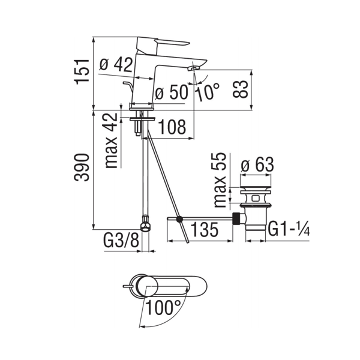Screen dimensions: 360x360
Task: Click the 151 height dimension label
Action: tap(82, 71)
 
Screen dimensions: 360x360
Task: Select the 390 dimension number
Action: tap(82, 167)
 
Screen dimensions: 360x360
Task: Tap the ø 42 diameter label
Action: tap(116, 64)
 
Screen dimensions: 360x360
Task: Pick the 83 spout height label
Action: tap(241, 89)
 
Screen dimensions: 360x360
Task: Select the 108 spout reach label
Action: tap(172, 127)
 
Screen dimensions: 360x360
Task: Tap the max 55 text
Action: tap(220, 180)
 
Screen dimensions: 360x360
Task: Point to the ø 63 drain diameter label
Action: tap(257, 164)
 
